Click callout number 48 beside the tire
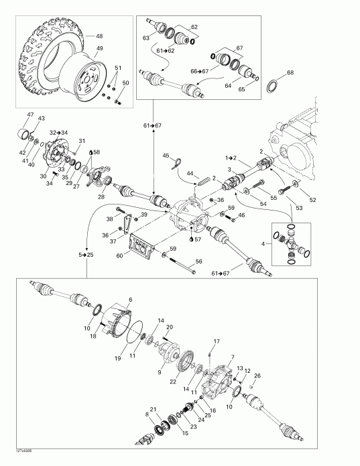[99, 36]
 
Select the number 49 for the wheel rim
[99, 49]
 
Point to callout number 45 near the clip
[166, 156]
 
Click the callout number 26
[257, 375]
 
